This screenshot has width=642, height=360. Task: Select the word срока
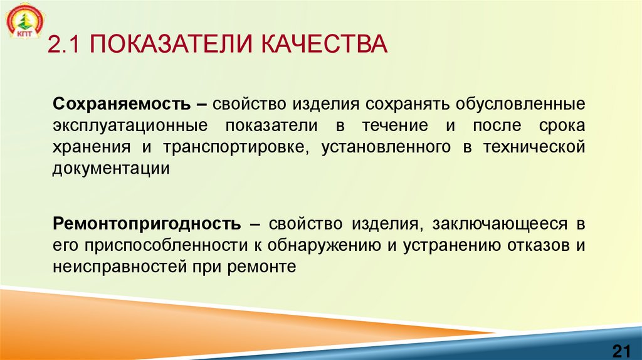point(560,125)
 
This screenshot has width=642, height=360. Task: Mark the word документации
point(111,169)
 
